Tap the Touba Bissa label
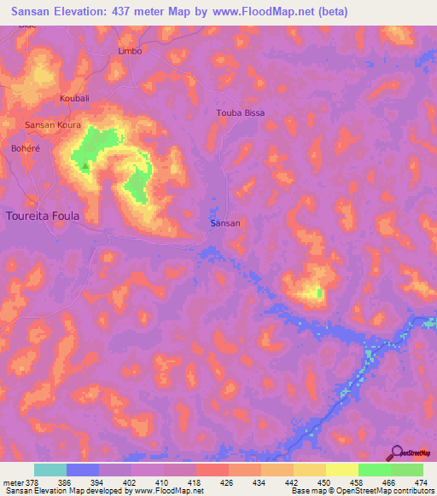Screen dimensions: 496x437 242,112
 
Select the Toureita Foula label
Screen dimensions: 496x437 43,216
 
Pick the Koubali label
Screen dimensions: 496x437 75,99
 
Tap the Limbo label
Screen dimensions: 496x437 129,51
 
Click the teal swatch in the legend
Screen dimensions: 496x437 50,470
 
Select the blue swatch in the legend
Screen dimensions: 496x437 83,470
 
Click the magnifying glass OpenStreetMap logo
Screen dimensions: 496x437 398,453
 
